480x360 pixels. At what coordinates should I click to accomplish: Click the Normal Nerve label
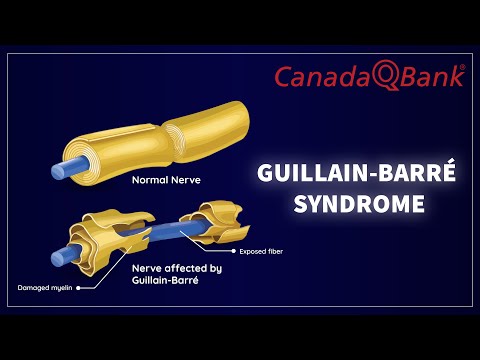click(x=165, y=181)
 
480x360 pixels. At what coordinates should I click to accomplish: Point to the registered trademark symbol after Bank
click(x=460, y=70)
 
